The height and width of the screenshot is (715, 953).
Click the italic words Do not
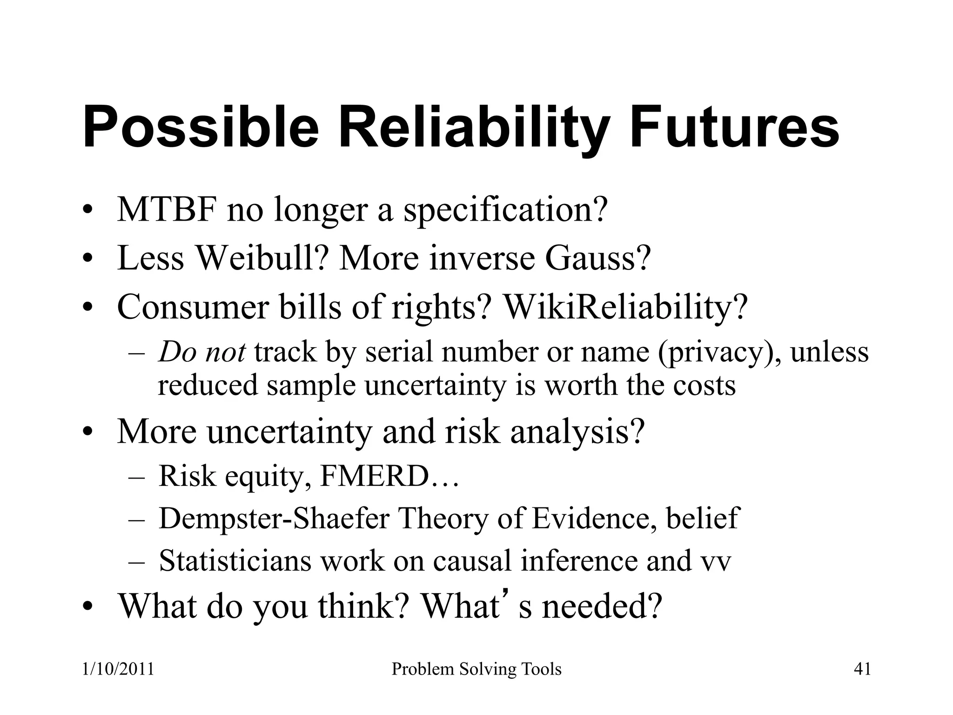(202, 352)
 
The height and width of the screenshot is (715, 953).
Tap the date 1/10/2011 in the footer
(118, 669)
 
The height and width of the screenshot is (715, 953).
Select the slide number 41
(862, 669)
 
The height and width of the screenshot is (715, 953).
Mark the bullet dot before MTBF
(86, 212)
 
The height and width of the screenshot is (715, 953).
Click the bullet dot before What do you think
(86, 608)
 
